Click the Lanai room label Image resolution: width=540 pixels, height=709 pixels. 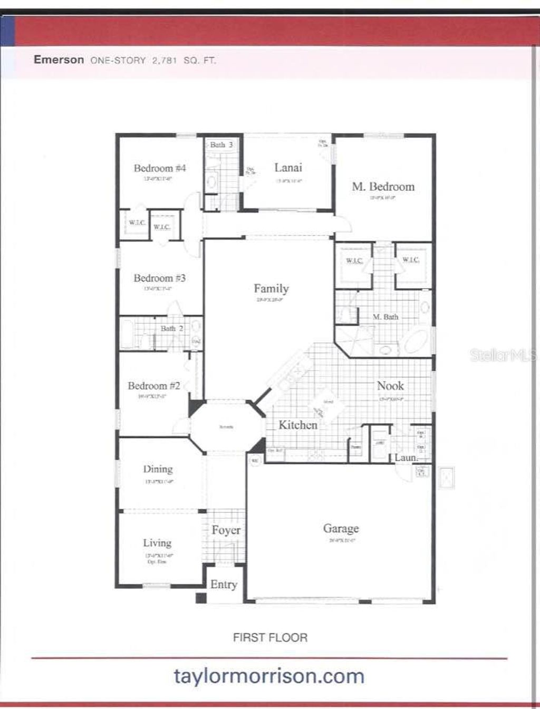point(288,168)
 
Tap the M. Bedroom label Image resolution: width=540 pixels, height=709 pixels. point(383,187)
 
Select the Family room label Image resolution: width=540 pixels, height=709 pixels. point(271,288)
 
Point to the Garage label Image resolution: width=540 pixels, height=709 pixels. point(341,528)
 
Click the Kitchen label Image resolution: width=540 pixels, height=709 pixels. point(297,425)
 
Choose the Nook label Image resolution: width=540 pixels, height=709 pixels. point(390,386)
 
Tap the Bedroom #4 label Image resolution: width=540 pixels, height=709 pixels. point(159,168)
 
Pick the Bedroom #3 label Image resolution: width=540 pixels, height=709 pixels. point(159,278)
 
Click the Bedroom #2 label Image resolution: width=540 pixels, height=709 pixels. point(153,386)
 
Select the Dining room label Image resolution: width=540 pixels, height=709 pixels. point(158,469)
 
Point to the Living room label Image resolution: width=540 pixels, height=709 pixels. point(157,543)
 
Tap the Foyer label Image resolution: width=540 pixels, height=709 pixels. point(226,530)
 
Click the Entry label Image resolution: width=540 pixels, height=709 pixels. point(224,584)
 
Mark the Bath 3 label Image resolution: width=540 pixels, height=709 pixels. point(221,144)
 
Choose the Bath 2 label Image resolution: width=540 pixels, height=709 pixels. point(172,328)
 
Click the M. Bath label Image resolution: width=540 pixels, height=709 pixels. point(385,317)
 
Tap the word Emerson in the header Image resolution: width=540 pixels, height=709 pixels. point(59,60)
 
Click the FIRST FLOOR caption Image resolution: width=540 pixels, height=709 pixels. point(270,637)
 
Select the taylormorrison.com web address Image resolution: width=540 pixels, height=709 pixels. point(269,676)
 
